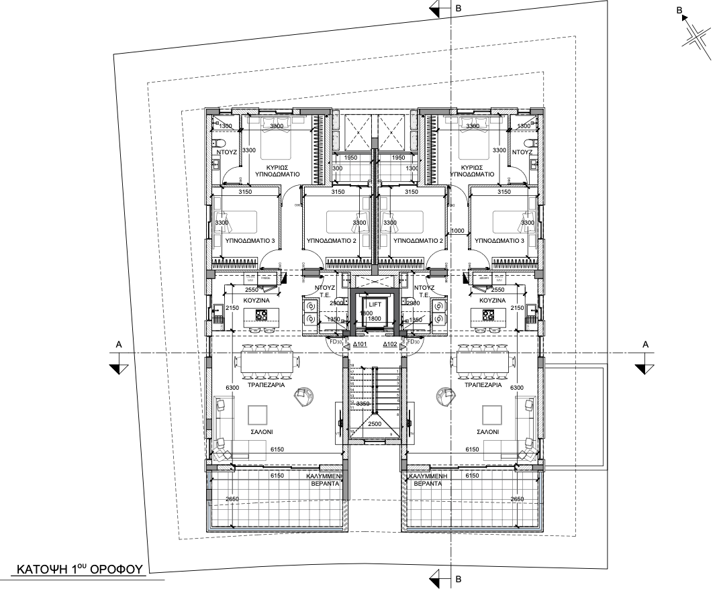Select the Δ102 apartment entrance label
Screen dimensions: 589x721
click(391, 344)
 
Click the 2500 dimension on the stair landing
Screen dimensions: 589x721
click(375, 425)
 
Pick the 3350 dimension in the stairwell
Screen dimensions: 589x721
click(363, 404)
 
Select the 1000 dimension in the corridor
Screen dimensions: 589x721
click(458, 230)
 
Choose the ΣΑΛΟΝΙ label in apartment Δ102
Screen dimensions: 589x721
click(487, 433)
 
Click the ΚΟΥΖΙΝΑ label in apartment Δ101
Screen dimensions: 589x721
click(256, 301)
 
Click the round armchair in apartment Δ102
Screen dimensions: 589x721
click(443, 396)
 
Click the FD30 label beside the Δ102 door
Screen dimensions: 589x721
click(414, 341)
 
